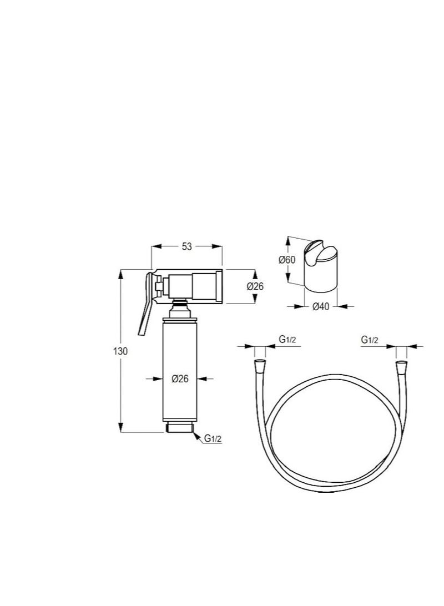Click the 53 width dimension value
click(186, 247)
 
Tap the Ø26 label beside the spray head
click(255, 286)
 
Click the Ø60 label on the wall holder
click(287, 260)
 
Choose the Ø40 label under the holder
click(321, 306)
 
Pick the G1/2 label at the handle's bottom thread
click(213, 438)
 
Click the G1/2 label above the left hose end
click(286, 340)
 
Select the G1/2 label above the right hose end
click(370, 340)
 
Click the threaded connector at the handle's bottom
click(179, 428)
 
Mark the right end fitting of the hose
click(401, 367)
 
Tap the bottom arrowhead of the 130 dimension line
click(122, 428)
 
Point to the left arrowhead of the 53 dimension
click(155, 247)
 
